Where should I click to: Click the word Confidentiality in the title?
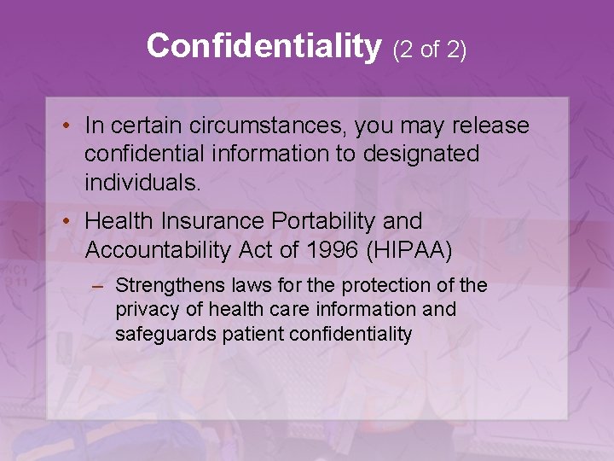click(x=263, y=46)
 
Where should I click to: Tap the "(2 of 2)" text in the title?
click(x=430, y=50)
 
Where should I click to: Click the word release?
click(x=489, y=126)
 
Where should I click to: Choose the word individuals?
click(x=142, y=183)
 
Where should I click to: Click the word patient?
click(x=253, y=335)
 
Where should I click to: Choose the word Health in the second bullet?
click(x=114, y=221)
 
